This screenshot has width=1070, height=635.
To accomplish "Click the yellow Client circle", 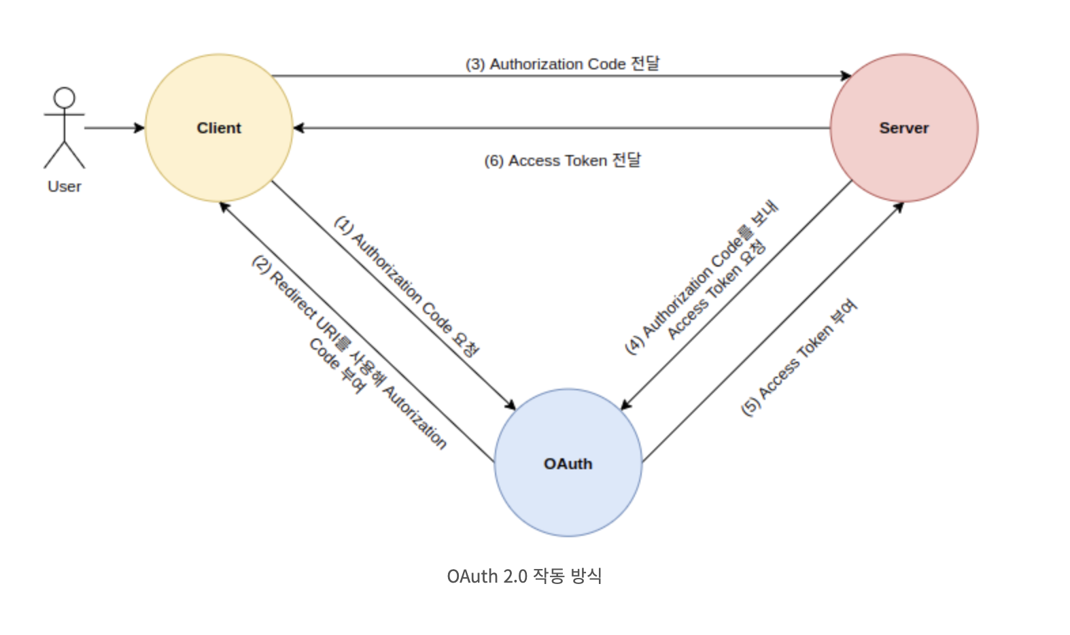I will (219, 156).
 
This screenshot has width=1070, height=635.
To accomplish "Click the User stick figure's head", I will (65, 97).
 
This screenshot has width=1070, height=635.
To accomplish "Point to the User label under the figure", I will (65, 186).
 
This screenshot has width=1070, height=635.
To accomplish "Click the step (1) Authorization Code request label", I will (407, 286).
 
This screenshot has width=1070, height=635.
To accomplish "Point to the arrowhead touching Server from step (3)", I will (846, 75).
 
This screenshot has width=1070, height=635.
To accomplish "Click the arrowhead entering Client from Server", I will (299, 128).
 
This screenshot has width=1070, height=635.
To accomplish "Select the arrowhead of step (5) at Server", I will (899, 207).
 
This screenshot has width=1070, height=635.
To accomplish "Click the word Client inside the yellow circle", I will (219, 128).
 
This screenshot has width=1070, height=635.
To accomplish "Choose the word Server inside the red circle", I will (903, 128).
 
